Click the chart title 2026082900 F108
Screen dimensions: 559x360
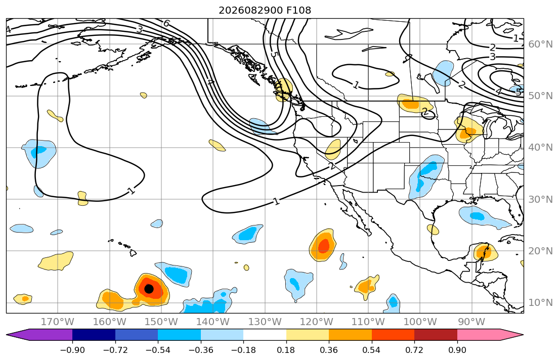265,10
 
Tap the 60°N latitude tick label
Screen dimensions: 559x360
540,44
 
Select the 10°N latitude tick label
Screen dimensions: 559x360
540,303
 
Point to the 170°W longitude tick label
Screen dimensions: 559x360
58,322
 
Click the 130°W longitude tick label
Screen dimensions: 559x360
265,322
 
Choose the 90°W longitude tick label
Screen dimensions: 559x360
471,322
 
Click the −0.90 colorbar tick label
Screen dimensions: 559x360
72,350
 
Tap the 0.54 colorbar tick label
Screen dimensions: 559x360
371,350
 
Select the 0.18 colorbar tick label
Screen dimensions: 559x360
286,350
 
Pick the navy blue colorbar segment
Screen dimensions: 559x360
94,335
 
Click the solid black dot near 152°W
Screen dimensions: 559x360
149,289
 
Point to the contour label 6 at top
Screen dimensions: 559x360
166,24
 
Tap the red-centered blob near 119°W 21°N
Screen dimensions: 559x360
323,245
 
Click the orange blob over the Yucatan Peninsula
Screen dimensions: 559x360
485,252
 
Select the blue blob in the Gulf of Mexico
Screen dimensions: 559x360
484,217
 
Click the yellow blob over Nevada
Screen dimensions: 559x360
333,149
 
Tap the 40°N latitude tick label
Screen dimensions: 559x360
540,148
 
